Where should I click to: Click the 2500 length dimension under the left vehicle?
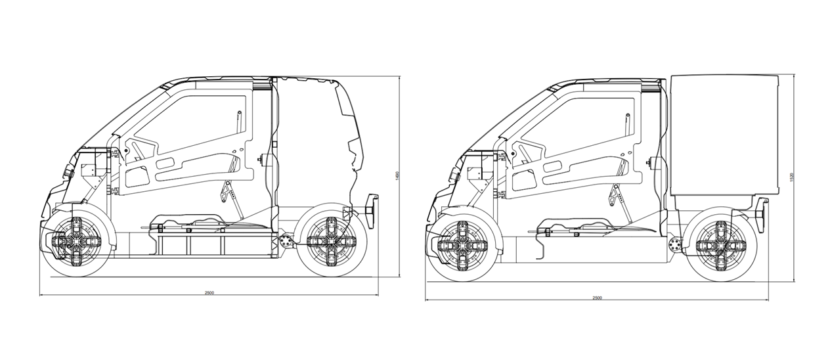209,292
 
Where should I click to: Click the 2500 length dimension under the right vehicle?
597,298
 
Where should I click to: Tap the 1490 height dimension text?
397,175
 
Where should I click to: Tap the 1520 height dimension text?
792,177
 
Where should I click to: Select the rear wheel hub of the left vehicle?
330,240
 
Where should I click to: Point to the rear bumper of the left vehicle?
372,210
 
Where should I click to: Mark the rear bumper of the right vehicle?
761,214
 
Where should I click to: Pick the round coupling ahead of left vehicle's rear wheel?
286,240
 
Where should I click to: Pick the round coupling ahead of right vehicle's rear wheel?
674,244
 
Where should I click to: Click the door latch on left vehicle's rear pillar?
262,158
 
